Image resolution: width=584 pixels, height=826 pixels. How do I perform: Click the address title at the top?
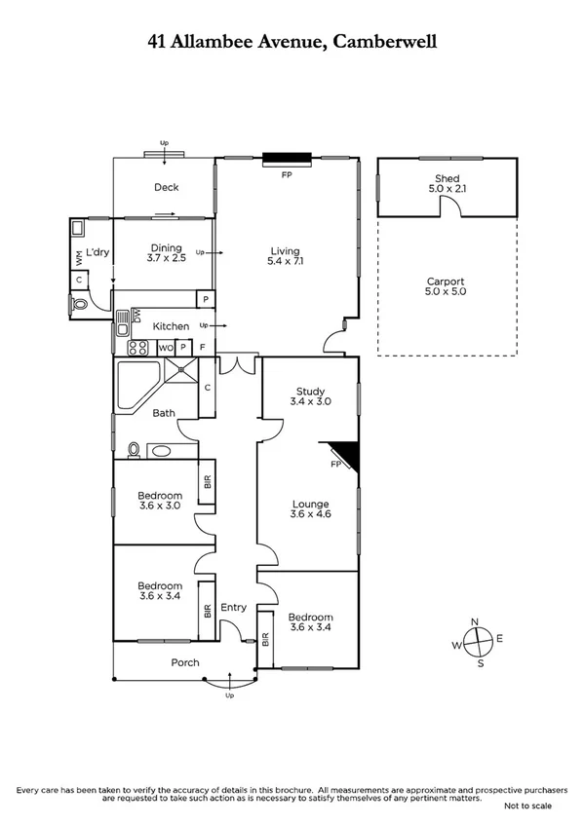click(x=292, y=41)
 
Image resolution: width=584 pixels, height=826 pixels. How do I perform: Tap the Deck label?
click(x=166, y=188)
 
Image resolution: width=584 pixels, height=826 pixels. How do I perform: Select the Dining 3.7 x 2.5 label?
click(x=166, y=253)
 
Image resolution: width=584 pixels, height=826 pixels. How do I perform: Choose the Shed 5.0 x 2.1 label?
click(x=447, y=183)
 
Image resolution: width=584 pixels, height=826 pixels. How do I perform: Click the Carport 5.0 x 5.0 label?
click(x=446, y=286)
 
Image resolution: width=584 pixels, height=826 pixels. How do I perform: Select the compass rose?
click(x=476, y=643)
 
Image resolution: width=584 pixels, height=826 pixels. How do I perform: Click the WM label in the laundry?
click(x=79, y=257)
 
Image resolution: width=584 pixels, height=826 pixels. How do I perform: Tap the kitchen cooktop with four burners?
click(x=138, y=347)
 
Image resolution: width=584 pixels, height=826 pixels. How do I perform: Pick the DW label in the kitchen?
click(x=136, y=315)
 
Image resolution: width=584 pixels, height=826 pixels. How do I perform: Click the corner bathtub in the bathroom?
click(x=135, y=382)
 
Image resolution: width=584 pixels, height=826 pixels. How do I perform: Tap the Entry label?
click(x=234, y=608)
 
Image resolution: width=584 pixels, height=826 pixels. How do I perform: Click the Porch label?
click(x=185, y=662)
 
